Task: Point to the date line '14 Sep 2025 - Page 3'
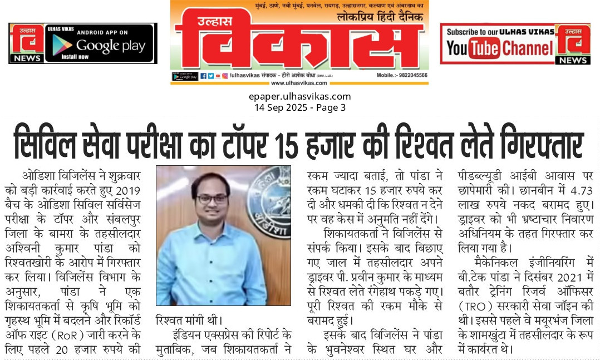click(299, 107)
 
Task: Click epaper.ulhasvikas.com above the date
click(299, 96)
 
